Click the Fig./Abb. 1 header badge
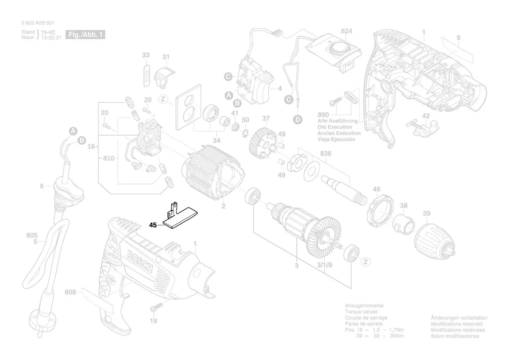tap(84, 34)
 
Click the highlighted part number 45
tap(152, 225)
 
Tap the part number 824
tap(347, 31)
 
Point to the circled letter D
tap(297, 119)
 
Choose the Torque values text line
tap(361, 312)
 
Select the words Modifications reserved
tap(456, 324)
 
